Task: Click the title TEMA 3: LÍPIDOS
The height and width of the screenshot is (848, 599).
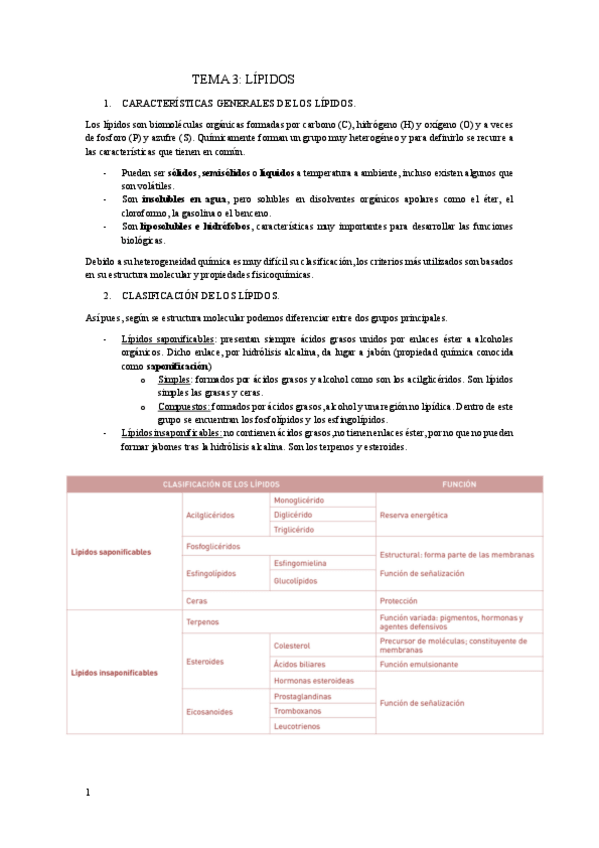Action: click(243, 79)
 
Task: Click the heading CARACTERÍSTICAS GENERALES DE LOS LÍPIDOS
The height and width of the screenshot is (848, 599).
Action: click(238, 103)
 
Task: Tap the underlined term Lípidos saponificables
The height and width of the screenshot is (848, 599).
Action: click(167, 339)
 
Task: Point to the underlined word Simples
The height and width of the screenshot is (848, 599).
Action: click(175, 380)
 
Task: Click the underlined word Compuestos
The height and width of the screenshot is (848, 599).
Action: click(183, 407)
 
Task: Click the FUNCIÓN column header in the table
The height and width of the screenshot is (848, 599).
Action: click(463, 484)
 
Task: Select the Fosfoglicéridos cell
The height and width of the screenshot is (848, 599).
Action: click(213, 546)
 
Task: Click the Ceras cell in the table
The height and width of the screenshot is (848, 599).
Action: click(197, 601)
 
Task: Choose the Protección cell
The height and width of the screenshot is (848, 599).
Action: click(404, 601)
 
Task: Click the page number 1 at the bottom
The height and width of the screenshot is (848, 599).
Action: click(88, 793)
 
